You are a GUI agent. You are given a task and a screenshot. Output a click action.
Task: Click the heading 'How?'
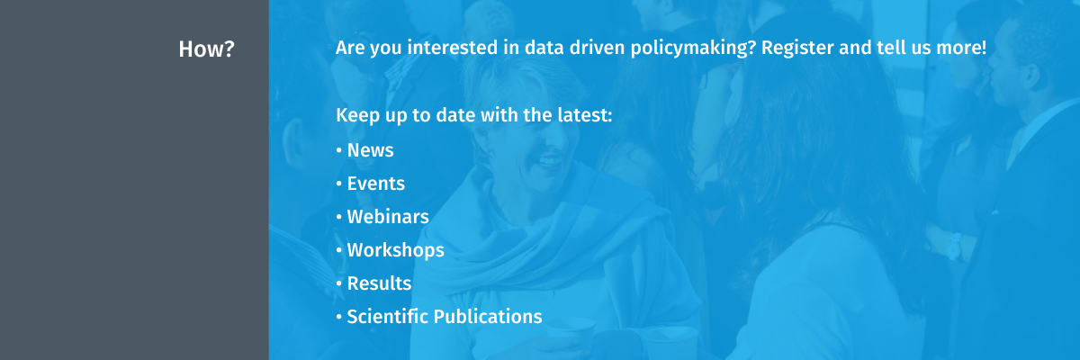tap(206, 49)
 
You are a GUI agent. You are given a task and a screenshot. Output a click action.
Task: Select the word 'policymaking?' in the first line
tap(693, 49)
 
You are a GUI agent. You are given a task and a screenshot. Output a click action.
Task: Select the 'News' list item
tap(370, 150)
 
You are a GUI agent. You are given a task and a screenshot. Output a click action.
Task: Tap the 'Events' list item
tap(376, 184)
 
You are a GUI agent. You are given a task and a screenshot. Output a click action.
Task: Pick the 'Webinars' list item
tap(388, 217)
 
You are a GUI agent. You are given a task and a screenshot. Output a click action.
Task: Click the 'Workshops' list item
tap(396, 250)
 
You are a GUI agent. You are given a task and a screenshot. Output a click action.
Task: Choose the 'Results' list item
tap(380, 283)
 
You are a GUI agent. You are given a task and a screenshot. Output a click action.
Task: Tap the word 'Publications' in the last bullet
tap(488, 317)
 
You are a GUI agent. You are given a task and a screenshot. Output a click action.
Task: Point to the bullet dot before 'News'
tap(339, 150)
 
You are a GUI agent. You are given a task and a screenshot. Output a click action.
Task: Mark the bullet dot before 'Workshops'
tap(339, 250)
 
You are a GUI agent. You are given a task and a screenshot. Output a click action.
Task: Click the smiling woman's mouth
tap(550, 161)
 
